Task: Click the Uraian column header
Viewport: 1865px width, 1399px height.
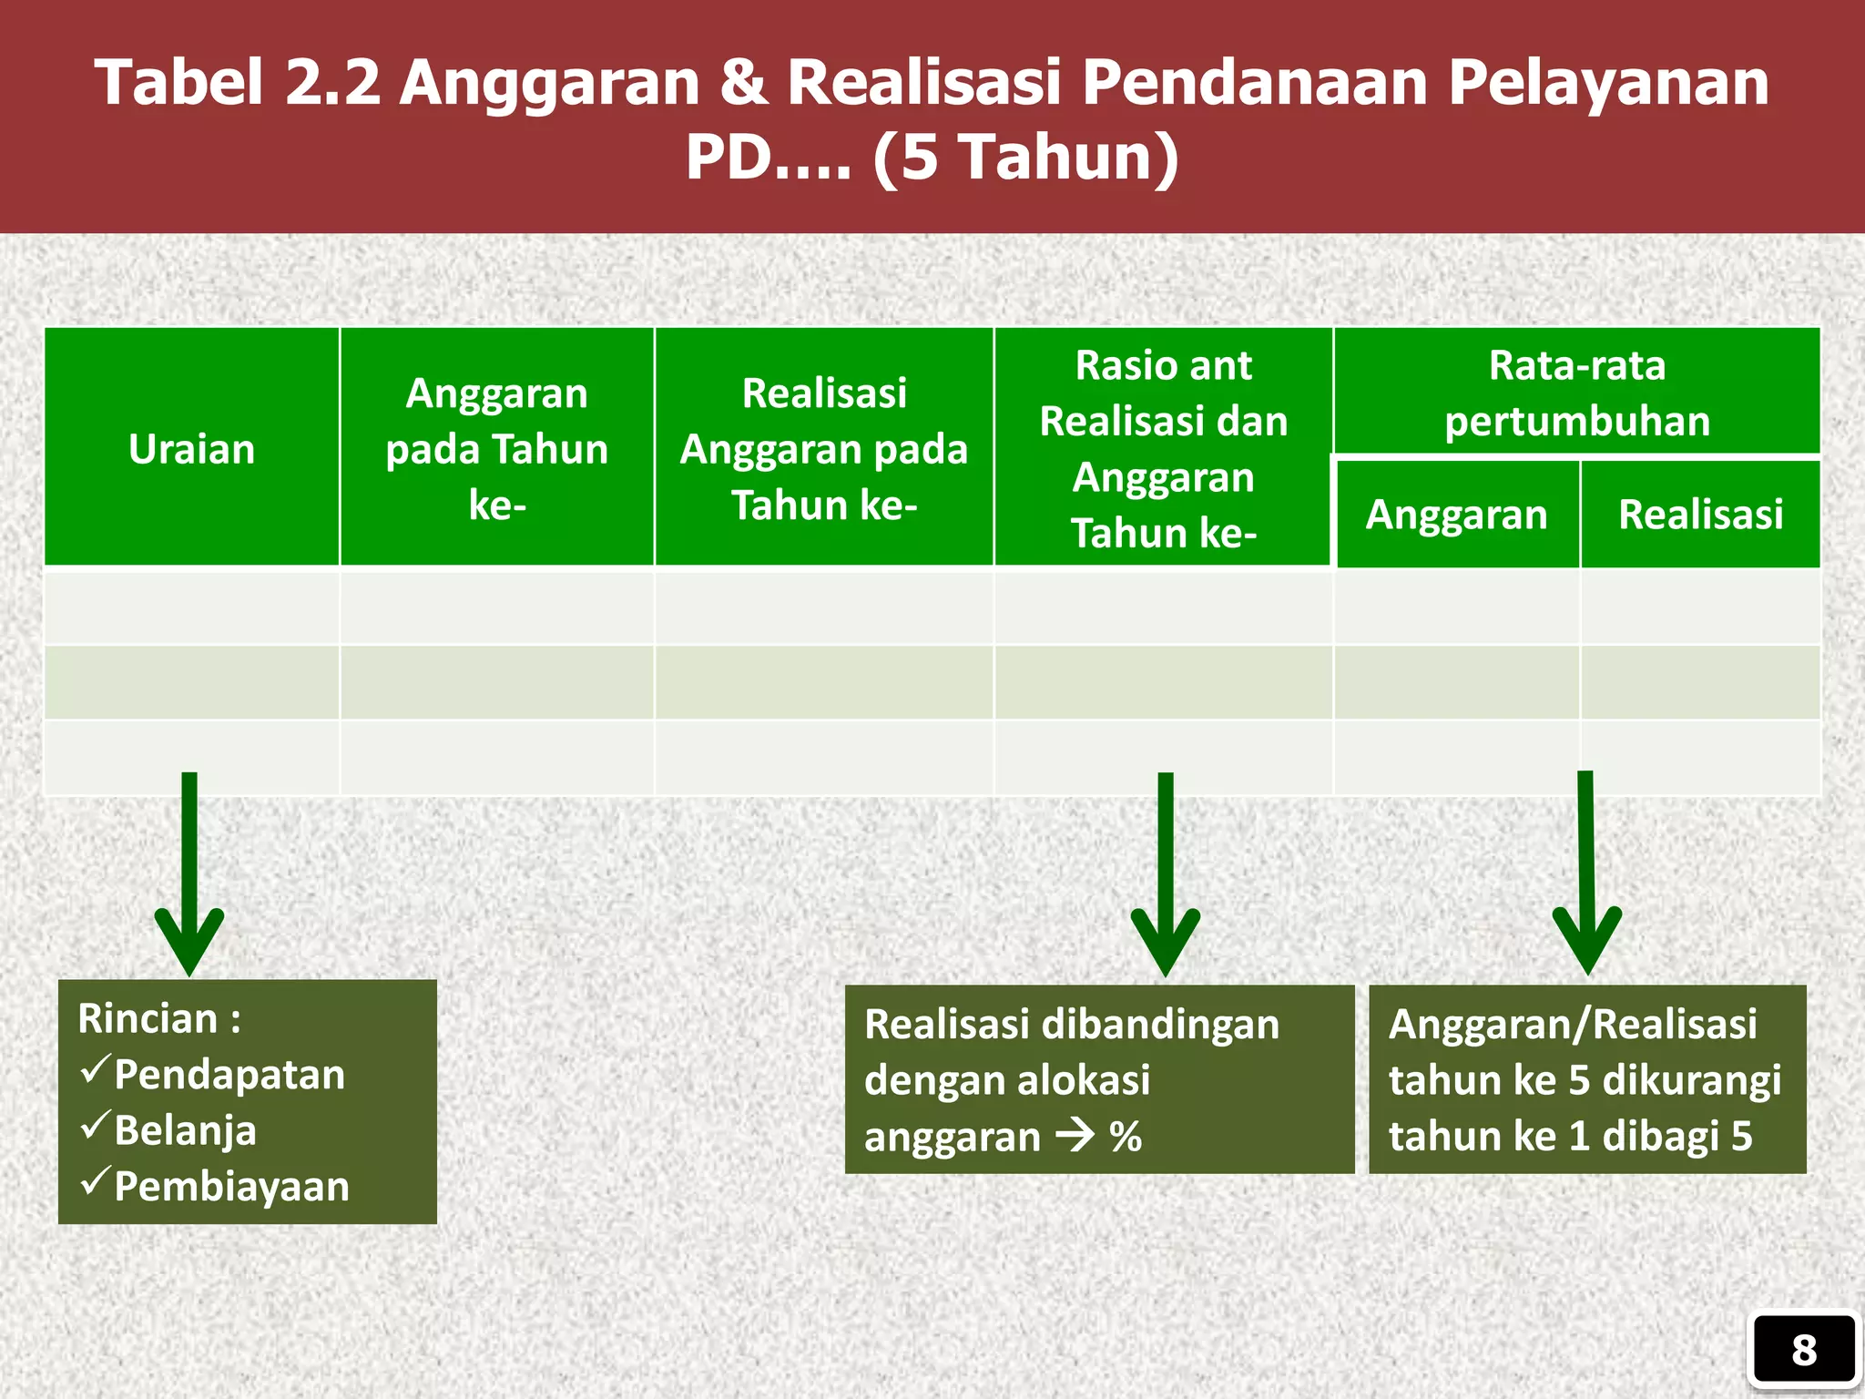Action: (191, 449)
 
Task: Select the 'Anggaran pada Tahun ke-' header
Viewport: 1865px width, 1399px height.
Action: (496, 449)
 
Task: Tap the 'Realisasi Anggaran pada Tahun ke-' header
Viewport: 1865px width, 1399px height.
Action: (824, 449)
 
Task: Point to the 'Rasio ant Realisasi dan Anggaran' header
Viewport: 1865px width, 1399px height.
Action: (1163, 449)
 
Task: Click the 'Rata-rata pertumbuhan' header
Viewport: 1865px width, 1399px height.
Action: (1576, 393)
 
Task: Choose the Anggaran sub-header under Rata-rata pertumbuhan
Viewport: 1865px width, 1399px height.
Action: (1456, 515)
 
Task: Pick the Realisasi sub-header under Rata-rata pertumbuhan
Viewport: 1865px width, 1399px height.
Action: (1700, 515)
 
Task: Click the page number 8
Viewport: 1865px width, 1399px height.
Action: (1803, 1350)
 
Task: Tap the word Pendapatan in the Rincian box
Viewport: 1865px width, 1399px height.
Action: (229, 1075)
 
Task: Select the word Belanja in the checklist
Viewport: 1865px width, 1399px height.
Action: (186, 1130)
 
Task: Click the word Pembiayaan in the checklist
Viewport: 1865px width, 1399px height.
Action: (231, 1187)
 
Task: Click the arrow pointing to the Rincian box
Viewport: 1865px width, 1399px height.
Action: (189, 874)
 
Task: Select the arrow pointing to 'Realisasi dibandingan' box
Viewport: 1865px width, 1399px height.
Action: (1166, 874)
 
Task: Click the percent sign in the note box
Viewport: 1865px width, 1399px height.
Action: (1126, 1137)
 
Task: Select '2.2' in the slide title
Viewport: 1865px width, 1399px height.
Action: (332, 82)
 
